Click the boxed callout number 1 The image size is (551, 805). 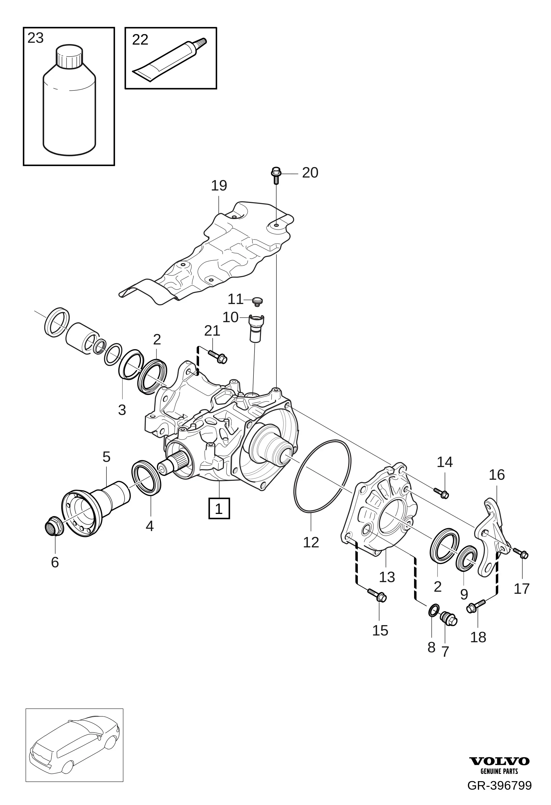pos(219,509)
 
